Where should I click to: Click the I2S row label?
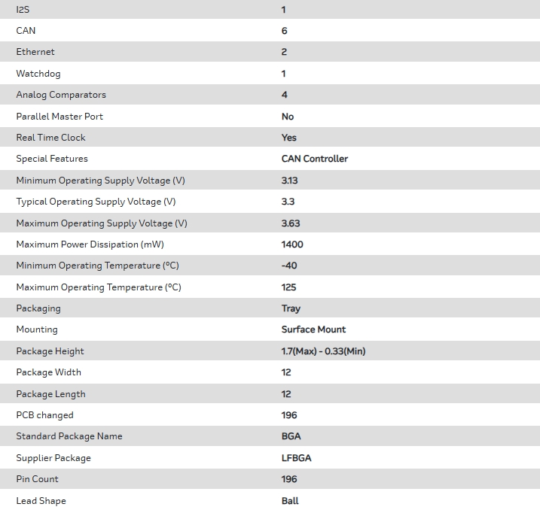pos(23,10)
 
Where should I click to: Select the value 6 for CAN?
pos(284,31)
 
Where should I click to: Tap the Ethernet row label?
pos(35,52)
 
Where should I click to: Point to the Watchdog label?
pos(38,74)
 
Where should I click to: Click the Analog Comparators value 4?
pos(284,95)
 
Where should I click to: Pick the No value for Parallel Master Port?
pos(288,117)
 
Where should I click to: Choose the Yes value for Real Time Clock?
pos(289,138)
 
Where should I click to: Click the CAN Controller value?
pos(315,159)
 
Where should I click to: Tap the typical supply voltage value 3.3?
pos(288,202)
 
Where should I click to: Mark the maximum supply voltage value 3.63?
pos(291,223)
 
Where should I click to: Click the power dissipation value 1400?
pos(292,244)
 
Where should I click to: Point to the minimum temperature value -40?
pos(288,266)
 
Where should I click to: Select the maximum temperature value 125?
pos(288,287)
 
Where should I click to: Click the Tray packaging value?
pos(291,308)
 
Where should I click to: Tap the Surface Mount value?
pos(314,329)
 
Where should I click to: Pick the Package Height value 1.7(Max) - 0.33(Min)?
pos(323,351)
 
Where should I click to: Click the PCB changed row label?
pos(45,415)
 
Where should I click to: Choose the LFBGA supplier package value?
pos(296,458)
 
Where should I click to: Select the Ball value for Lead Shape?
pos(290,501)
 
